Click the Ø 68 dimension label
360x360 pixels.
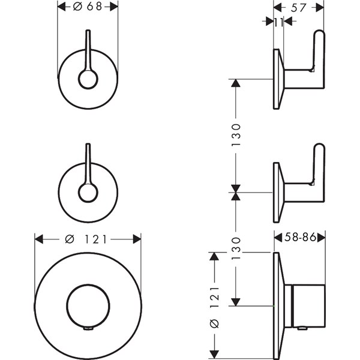[x=88, y=7]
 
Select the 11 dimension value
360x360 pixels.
[x=278, y=22]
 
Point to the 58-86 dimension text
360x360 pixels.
[x=299, y=238]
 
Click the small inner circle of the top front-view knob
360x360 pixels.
[x=88, y=79]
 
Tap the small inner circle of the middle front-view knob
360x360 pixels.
[x=88, y=192]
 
